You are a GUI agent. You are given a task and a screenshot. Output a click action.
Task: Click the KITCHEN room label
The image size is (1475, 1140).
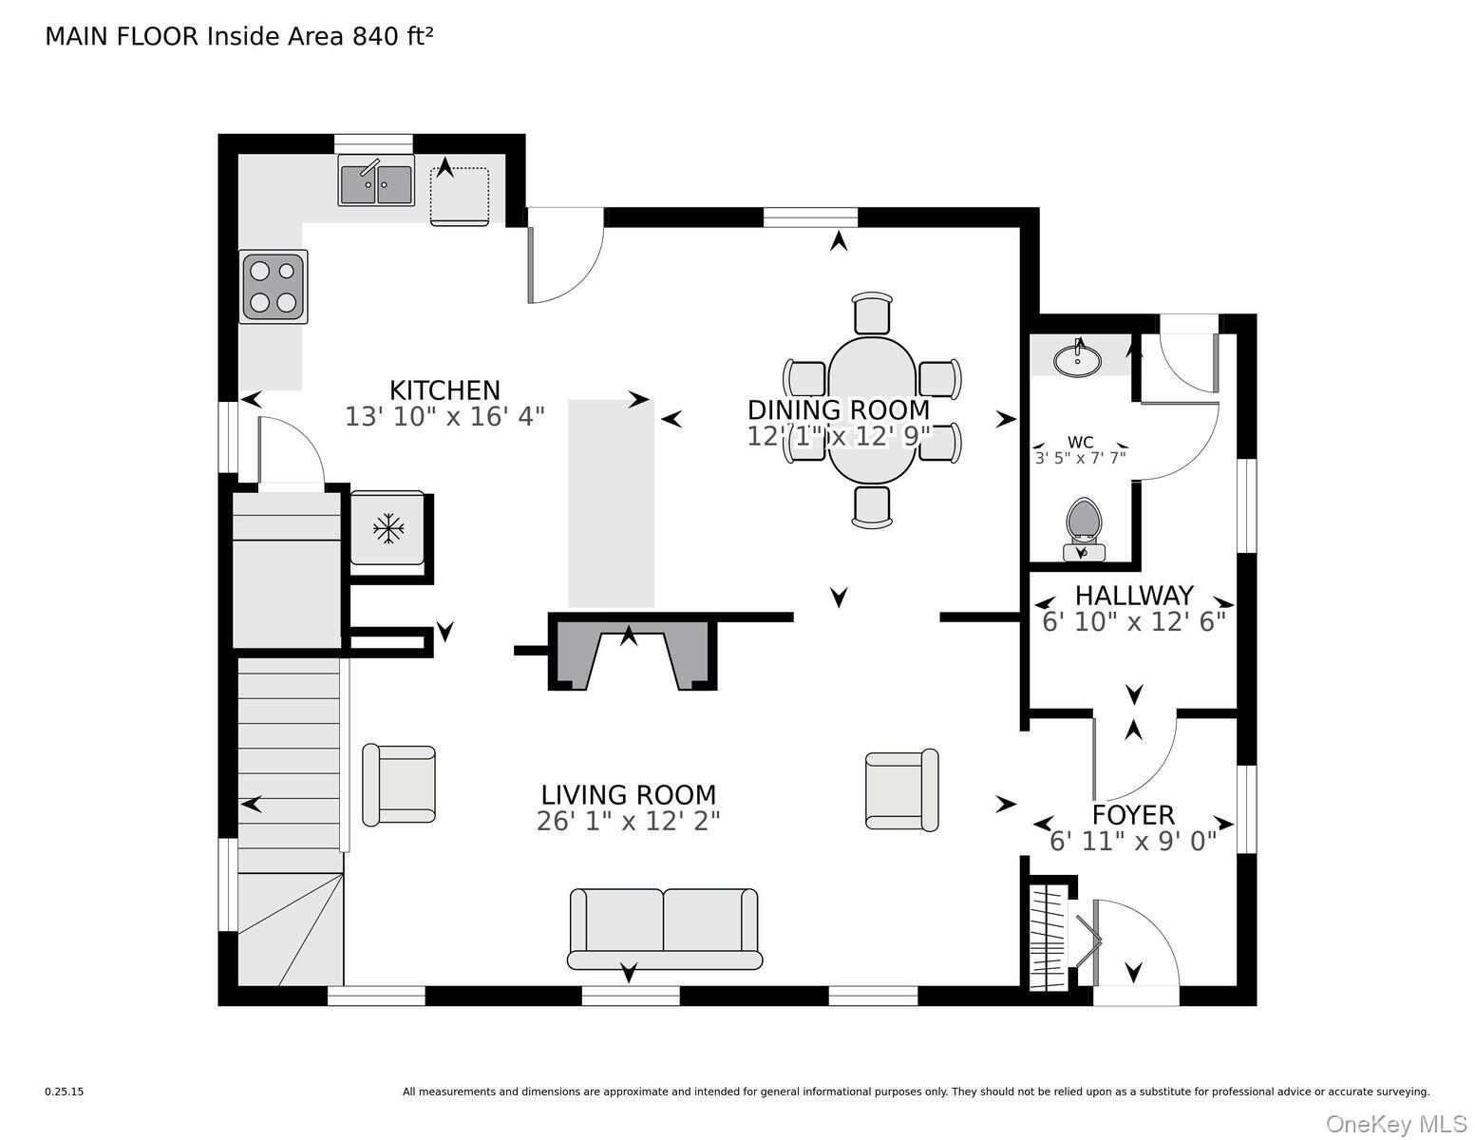pos(444,390)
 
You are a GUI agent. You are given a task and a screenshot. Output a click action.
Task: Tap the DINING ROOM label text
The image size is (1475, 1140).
pos(839,410)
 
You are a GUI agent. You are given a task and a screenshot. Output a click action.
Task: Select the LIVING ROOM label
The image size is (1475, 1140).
pos(629,794)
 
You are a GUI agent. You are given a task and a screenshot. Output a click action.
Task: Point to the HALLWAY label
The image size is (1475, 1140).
pos(1134,596)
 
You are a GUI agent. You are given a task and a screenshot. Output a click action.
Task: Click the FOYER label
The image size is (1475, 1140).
pos(1133,815)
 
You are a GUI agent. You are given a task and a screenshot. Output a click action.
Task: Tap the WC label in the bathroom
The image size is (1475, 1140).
pos(1080,443)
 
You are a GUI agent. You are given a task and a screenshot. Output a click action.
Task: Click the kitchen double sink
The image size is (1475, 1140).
pos(376,180)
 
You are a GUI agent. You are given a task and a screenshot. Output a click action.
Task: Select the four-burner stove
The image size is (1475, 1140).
pos(273,287)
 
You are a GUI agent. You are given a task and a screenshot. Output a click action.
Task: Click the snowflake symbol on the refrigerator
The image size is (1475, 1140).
pos(388,527)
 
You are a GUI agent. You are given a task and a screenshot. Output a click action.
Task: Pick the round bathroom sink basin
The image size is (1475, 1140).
pos(1077,359)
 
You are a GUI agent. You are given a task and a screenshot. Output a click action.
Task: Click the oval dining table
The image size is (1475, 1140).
pos(872,410)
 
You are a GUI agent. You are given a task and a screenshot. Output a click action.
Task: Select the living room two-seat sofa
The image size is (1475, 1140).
pos(665,928)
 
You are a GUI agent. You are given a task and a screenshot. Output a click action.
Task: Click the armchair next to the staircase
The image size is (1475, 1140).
pos(399,785)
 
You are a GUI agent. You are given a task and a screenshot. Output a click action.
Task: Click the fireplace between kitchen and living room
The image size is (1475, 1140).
pos(632,654)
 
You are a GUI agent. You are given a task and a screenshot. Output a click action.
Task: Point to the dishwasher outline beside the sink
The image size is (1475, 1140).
pos(460,196)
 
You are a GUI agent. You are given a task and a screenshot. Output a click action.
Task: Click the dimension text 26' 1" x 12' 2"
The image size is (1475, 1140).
pos(629,822)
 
